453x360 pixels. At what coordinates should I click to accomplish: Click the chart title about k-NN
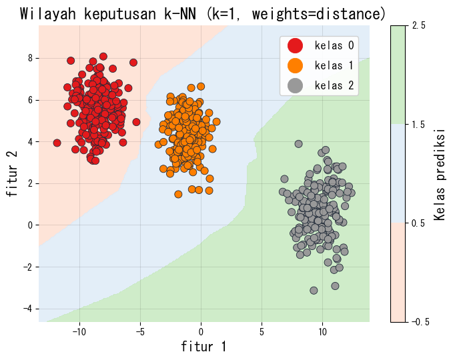point(203,13)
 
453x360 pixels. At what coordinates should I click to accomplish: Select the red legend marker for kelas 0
point(294,45)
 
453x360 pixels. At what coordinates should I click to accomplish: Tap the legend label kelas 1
point(334,65)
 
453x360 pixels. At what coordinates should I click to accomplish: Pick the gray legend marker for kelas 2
point(294,85)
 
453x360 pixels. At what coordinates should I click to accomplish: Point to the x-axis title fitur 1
point(203,347)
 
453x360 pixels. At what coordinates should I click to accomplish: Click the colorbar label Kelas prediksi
point(439,174)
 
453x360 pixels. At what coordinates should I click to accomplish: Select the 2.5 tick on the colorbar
point(419,25)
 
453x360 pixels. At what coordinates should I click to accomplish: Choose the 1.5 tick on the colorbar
point(419,124)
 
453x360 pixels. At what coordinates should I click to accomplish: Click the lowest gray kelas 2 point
point(314,290)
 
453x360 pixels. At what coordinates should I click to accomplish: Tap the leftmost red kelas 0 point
point(57,143)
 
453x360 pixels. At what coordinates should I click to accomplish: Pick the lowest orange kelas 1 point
point(178,194)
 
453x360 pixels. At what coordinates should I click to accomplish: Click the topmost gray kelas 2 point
point(298,143)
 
